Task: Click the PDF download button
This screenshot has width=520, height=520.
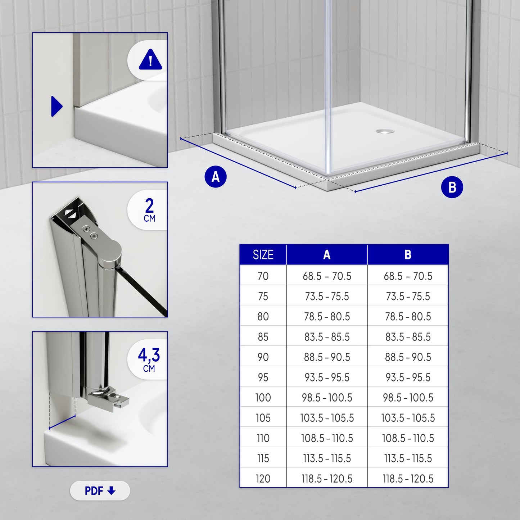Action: coord(100,491)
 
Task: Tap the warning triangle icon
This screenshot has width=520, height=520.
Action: coord(150,60)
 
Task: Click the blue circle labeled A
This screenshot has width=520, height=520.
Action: coord(215,177)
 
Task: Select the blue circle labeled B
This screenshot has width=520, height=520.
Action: coord(452,187)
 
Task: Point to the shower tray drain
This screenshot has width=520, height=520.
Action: coord(385,131)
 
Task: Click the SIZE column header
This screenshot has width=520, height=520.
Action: coord(263,255)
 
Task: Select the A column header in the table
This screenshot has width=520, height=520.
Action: coord(327,255)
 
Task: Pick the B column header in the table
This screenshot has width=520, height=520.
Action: coord(408,255)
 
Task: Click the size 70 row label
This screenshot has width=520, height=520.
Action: coord(263,276)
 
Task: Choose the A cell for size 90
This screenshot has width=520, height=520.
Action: coord(327,357)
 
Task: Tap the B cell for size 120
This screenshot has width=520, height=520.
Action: coord(408,479)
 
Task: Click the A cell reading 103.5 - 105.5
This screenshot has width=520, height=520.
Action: coord(327,418)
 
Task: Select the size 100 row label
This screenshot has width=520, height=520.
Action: coord(263,398)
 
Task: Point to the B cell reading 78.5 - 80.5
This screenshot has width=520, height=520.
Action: coord(408,317)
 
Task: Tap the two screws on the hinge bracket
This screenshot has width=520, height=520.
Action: coord(90,232)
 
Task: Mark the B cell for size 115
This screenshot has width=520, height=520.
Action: coord(408,458)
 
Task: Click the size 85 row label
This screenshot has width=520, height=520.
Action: coord(263,337)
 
